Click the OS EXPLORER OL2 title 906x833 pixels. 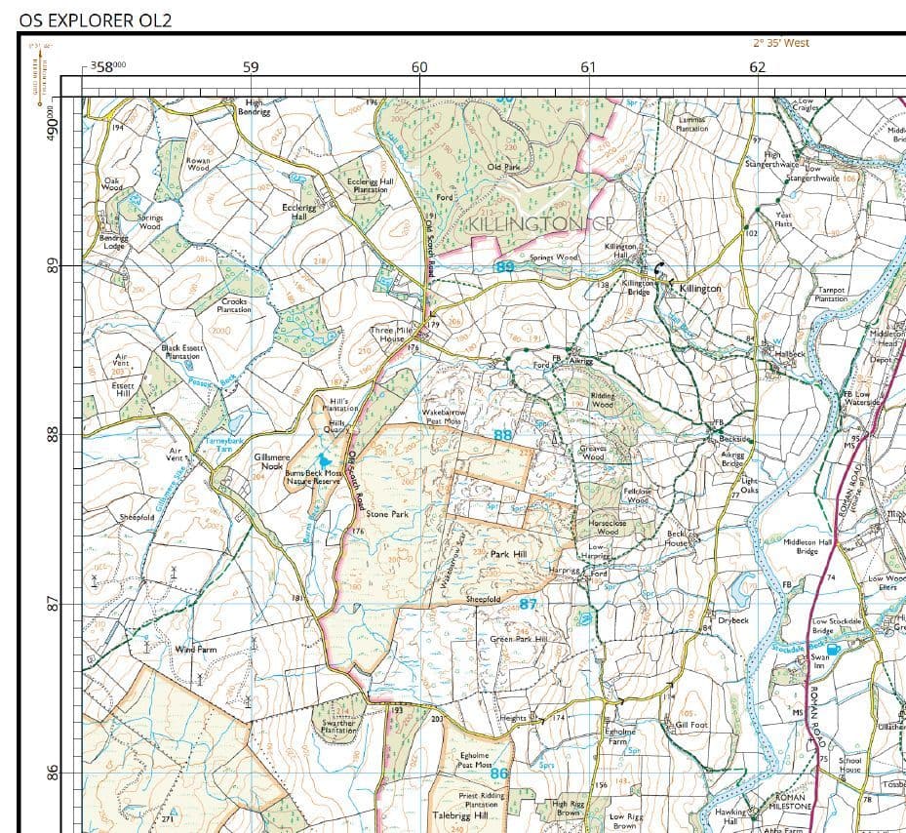pos(95,19)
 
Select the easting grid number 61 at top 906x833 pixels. pos(588,67)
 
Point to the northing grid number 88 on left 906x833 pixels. pos(54,434)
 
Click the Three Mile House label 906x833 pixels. pos(390,335)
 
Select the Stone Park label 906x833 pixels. pos(387,513)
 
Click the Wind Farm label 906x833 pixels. pos(196,649)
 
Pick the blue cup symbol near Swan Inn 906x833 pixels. pos(832,649)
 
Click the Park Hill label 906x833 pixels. pos(507,553)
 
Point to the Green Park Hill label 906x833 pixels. pos(518,639)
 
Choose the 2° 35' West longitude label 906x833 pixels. pos(781,43)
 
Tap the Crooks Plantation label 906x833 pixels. pos(234,305)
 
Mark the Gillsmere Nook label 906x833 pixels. pos(271,460)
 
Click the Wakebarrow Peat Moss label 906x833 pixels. pos(443,416)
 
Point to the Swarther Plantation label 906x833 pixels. pos(338,727)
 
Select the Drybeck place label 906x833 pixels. pos(732,619)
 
